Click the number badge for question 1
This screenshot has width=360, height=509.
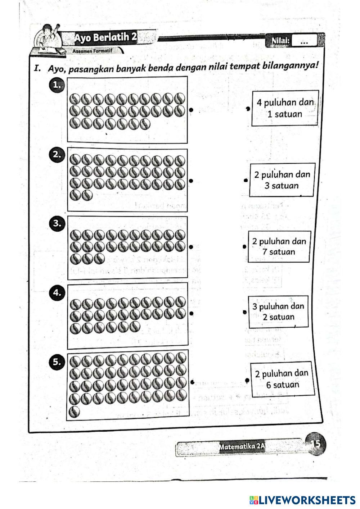(x=56, y=85)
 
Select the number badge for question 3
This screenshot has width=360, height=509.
(x=57, y=223)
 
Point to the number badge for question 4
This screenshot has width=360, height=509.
(x=57, y=292)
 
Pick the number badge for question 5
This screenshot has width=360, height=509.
(x=57, y=362)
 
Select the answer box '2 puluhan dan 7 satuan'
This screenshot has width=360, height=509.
(x=279, y=246)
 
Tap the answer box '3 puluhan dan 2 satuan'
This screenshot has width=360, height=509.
(x=278, y=312)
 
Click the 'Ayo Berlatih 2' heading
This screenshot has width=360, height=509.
(x=105, y=37)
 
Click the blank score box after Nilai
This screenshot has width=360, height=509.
(x=305, y=41)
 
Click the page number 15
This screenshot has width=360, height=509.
(x=315, y=444)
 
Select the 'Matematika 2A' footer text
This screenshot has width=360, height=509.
(x=242, y=446)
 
